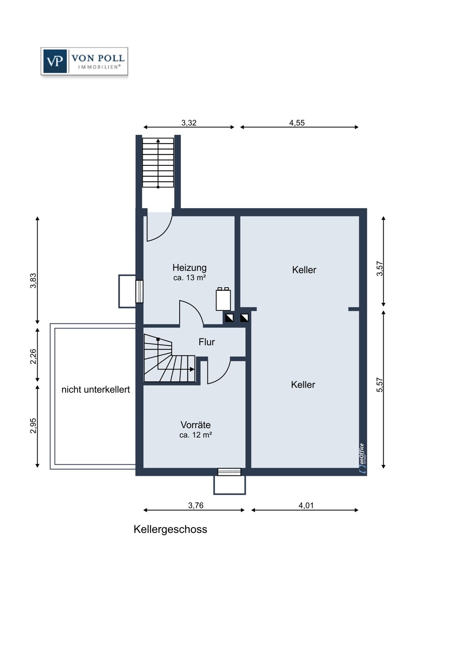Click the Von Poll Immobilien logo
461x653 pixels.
(84, 61)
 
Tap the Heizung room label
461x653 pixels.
(189, 268)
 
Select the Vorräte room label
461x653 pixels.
(195, 425)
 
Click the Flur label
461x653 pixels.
(207, 342)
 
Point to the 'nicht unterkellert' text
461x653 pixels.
(96, 390)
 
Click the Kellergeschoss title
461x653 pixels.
(170, 529)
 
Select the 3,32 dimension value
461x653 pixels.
(189, 123)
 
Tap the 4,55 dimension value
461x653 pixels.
(297, 123)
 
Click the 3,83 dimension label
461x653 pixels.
(33, 280)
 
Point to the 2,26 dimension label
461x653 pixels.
(33, 356)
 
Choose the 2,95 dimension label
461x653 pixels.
(33, 426)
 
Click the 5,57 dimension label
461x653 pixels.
(380, 385)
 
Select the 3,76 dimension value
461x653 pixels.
(196, 505)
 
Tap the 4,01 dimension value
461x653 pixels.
(306, 505)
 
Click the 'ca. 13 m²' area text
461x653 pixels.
(190, 278)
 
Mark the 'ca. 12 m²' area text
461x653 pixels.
(195, 435)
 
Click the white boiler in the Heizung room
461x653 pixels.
(224, 299)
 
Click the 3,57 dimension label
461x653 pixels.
(380, 269)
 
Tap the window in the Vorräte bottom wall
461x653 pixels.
(229, 471)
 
